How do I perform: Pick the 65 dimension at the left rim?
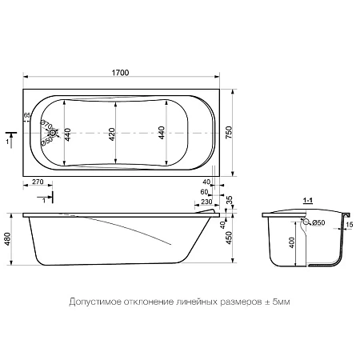point(26,116)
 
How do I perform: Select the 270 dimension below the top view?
point(38,182)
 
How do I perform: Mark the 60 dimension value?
point(204,193)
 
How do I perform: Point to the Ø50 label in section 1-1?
point(318,222)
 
